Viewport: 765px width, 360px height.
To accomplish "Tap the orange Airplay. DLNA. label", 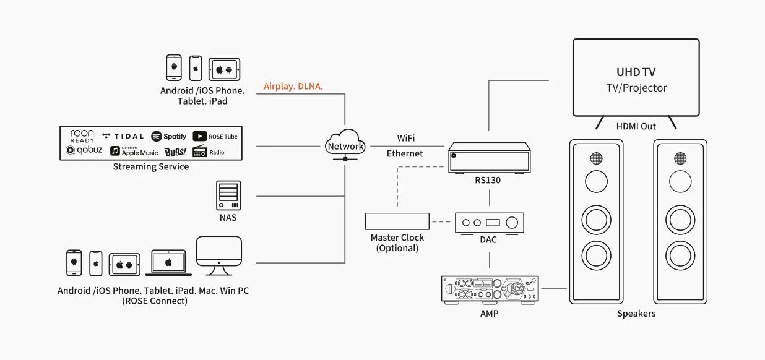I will [293, 87].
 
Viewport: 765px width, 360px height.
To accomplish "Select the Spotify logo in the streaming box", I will [169, 136].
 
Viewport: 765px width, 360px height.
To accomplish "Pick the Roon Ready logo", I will [82, 135].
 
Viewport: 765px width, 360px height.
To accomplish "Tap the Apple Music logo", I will [134, 151].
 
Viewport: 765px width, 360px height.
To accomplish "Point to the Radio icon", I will [209, 152].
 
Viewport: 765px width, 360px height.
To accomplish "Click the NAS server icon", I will [228, 195].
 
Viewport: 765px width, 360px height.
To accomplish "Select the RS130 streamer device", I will [490, 158].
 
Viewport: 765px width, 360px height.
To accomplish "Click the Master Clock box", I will [397, 221].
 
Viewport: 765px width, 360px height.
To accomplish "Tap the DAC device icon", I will [489, 223].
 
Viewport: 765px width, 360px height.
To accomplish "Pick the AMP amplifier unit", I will [490, 289].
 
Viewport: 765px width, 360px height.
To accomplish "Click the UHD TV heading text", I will [636, 72].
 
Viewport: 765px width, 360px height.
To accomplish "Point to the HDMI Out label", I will [636, 126].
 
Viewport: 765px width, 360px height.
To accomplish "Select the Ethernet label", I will [405, 153].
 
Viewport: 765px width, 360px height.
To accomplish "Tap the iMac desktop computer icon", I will [218, 256].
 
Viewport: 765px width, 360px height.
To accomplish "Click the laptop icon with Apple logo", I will [168, 263].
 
